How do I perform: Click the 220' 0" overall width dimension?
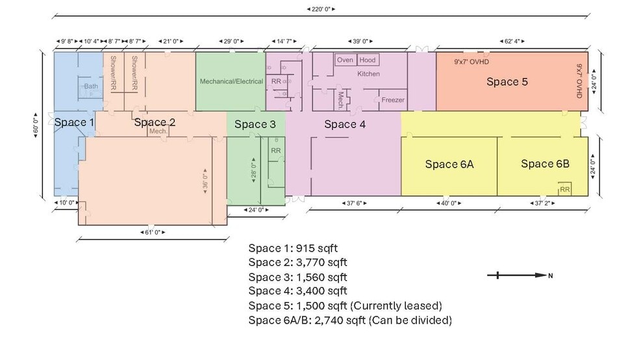pos(321,8)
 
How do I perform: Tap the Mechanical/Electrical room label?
pos(231,81)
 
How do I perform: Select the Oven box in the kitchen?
pos(345,60)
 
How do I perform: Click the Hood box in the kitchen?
pos(367,60)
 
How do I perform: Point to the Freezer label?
pos(393,99)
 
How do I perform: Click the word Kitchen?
pos(368,74)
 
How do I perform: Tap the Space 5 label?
pos(507,81)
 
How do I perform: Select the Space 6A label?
pos(449,164)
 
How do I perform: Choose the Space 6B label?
pos(545,164)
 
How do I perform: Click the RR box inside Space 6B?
pos(564,188)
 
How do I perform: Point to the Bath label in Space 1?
pos(91,86)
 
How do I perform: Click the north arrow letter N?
pos(550,276)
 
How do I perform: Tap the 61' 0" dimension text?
pos(153,233)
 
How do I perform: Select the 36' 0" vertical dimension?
pos(205,179)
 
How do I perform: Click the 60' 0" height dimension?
pos(36,125)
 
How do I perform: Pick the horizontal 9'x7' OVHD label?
pos(471,62)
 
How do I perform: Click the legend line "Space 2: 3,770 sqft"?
pos(297,262)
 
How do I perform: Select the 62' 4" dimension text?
pos(512,41)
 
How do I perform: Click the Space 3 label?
pos(255,124)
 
